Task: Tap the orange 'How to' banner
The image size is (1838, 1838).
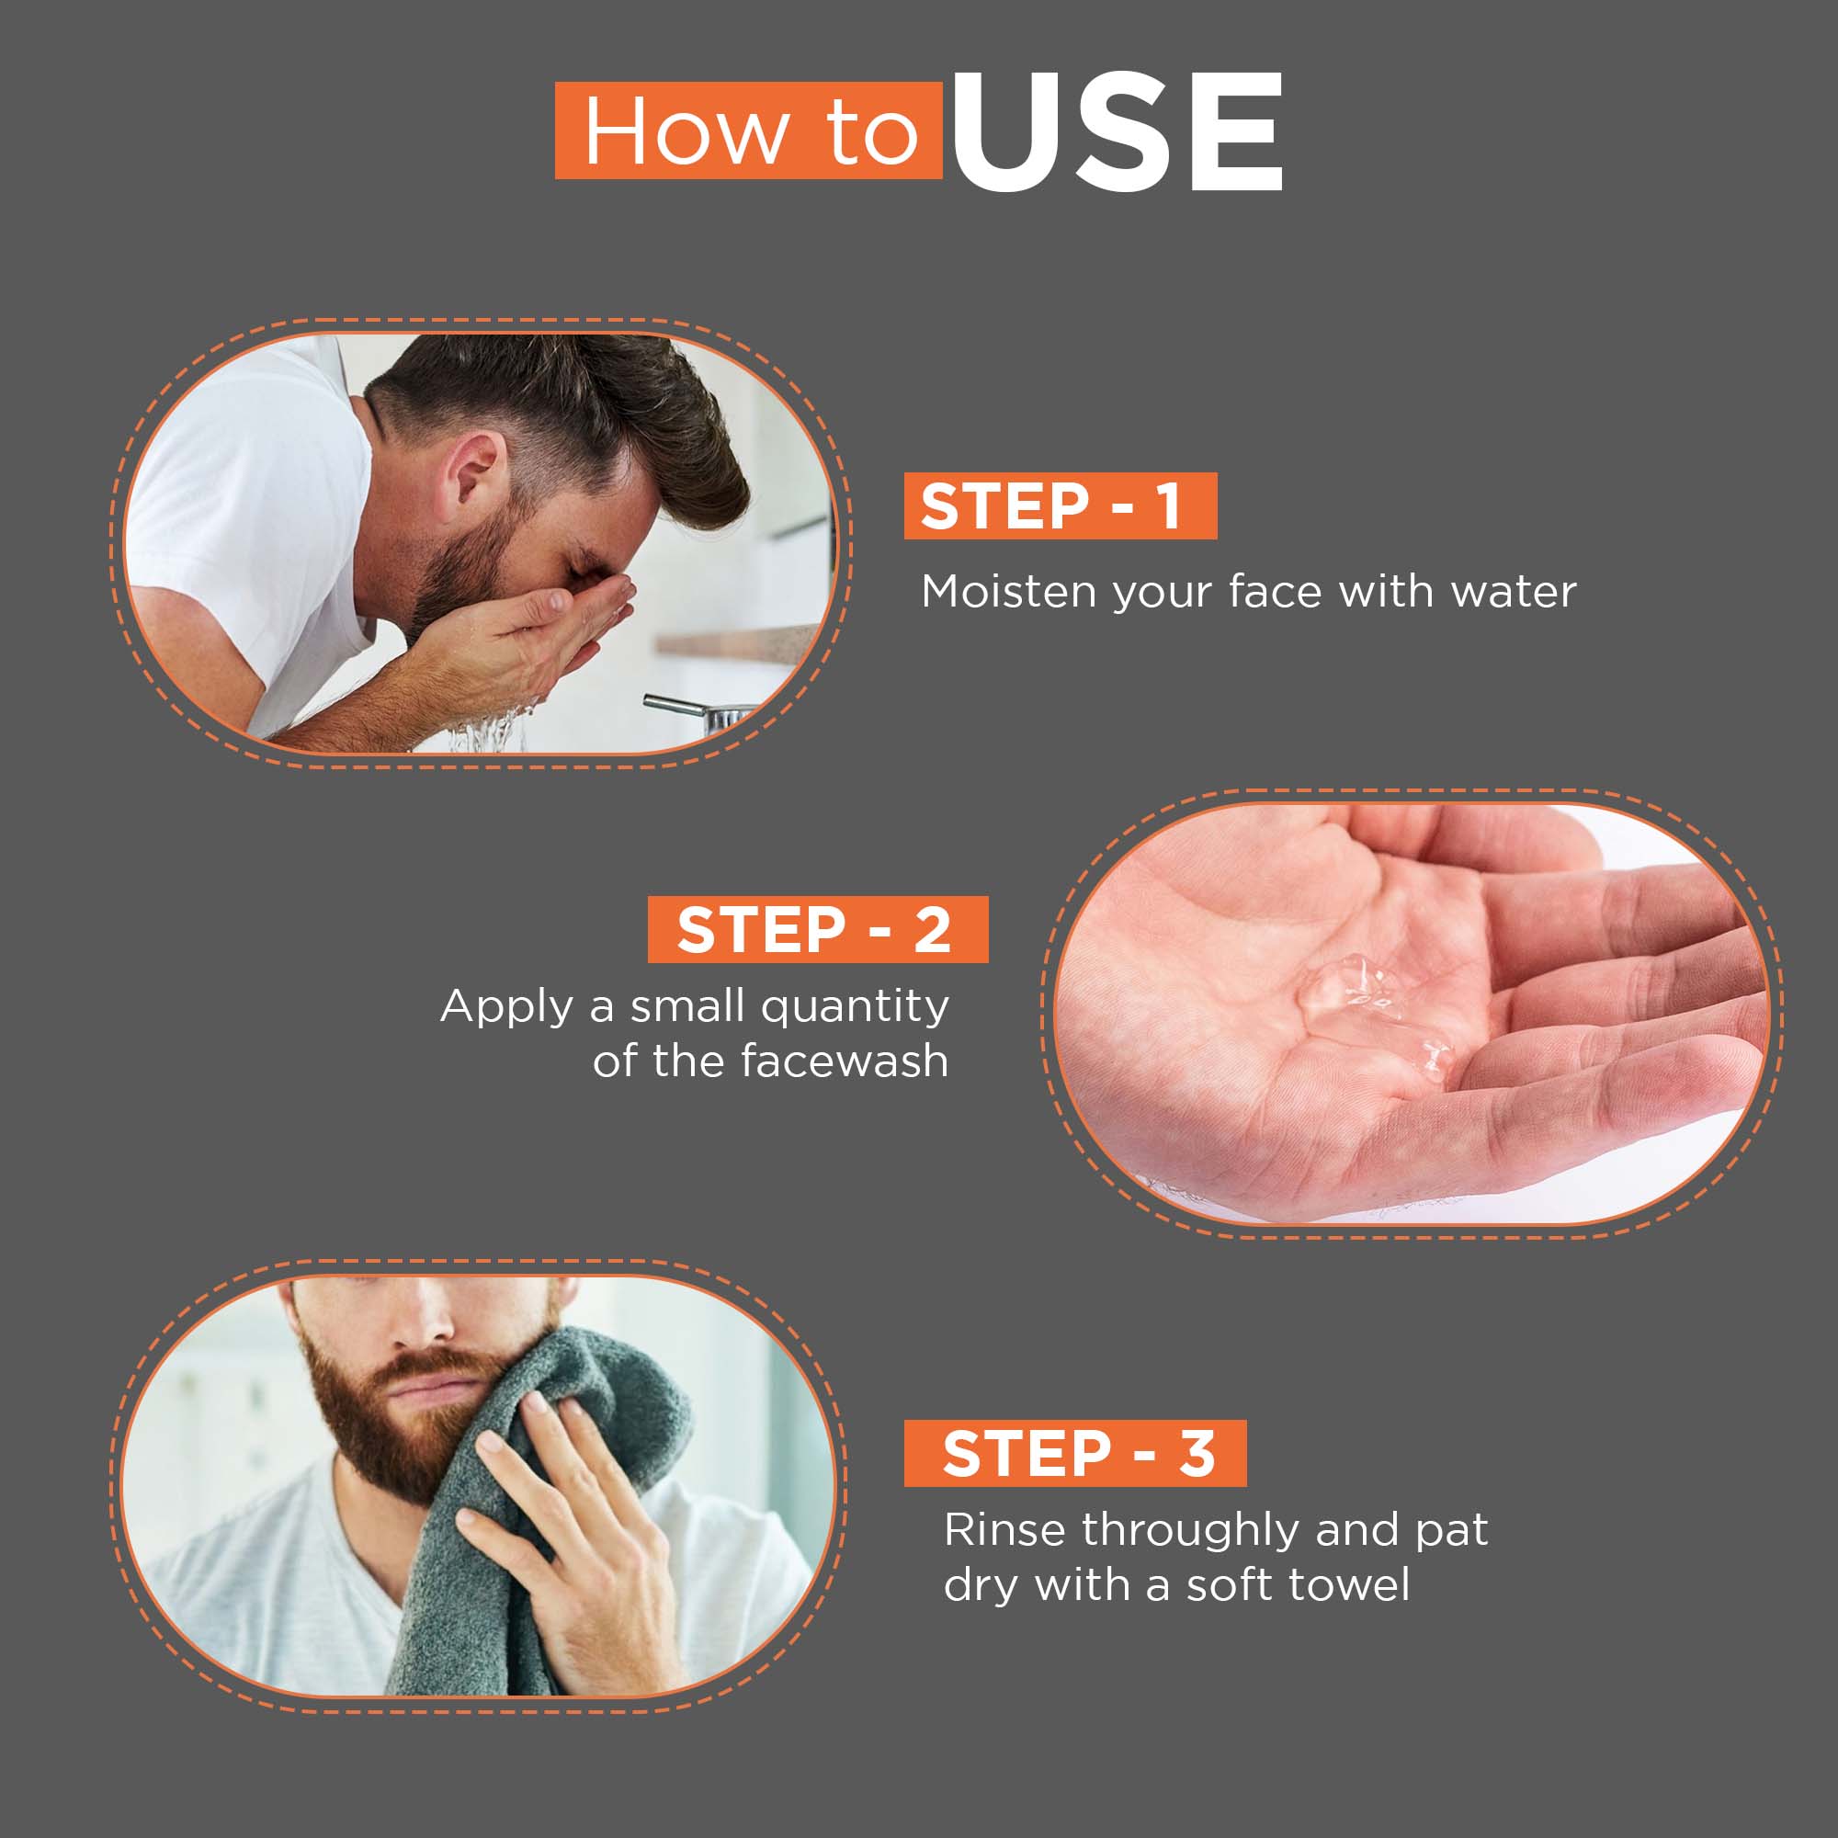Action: (x=749, y=130)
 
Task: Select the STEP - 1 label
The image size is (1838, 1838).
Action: (x=1060, y=505)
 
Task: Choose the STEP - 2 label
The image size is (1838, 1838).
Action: (x=817, y=928)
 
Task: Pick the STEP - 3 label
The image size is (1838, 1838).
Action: (x=1075, y=1453)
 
